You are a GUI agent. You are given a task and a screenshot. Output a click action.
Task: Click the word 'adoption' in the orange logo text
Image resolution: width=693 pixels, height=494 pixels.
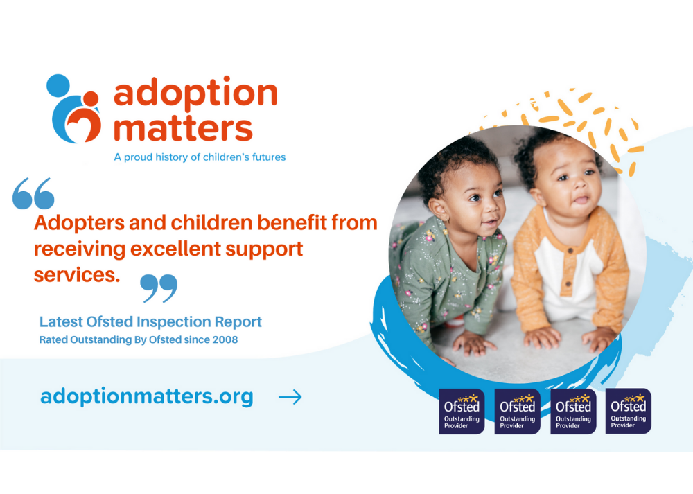coord(195,94)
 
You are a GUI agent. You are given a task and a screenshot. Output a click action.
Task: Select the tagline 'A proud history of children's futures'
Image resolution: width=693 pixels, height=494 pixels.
coord(200,157)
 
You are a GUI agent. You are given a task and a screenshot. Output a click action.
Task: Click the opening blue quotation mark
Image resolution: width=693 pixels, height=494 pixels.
coord(33,193)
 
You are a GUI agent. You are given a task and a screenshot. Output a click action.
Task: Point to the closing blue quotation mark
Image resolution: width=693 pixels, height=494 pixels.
coord(159,288)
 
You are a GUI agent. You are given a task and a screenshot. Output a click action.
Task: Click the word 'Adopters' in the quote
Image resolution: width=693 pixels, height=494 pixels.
coord(79,223)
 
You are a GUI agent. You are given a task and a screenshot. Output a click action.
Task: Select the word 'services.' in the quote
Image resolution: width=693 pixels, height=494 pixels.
coord(77,275)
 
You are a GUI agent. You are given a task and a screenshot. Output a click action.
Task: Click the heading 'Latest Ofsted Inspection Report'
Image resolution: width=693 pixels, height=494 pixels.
coord(150,321)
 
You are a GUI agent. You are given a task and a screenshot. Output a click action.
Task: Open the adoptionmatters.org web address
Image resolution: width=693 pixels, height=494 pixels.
coord(147,397)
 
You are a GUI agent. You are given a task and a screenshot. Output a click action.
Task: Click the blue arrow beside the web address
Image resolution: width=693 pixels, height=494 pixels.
coord(290,397)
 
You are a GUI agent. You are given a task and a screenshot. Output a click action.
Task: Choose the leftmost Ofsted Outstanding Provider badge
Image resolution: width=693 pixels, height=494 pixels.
coord(462,412)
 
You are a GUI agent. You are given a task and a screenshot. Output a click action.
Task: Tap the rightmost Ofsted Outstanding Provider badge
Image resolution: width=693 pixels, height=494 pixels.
coord(628,411)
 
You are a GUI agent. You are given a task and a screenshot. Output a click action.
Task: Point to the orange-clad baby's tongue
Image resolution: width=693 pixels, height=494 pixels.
coord(581,200)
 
